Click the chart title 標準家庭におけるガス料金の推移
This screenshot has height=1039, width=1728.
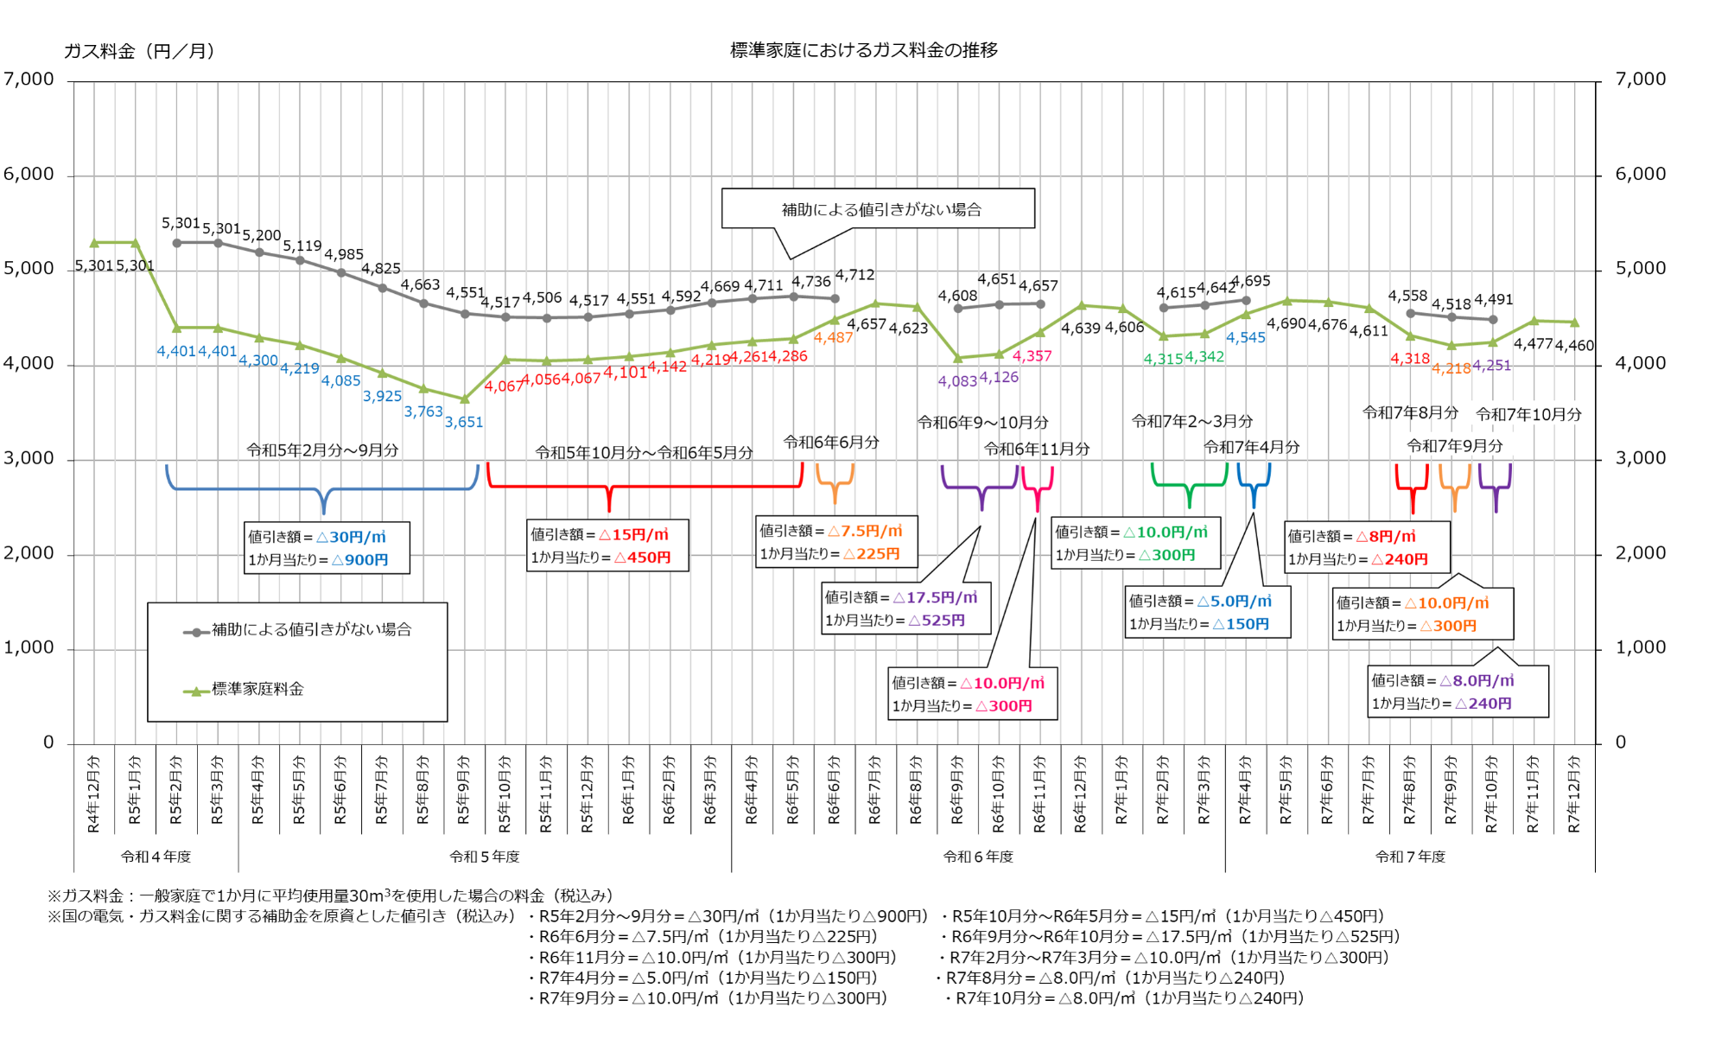(x=863, y=50)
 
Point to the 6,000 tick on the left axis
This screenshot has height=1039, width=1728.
(x=29, y=174)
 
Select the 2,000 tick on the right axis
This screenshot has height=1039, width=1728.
(x=1640, y=552)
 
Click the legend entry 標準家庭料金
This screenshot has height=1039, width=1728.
(x=257, y=689)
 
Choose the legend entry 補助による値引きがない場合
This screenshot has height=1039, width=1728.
(x=311, y=629)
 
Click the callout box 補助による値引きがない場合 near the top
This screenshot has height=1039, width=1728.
(x=878, y=209)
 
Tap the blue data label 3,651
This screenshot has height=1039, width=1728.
(x=464, y=422)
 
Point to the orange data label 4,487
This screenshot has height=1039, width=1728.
(x=833, y=338)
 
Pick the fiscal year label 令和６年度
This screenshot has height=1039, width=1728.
(x=977, y=857)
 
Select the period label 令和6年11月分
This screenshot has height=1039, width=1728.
(x=1037, y=449)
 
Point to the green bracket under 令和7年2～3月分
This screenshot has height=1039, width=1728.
(x=1189, y=485)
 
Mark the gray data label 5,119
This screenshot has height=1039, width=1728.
(x=302, y=246)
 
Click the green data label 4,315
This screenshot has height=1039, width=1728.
(x=1163, y=359)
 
